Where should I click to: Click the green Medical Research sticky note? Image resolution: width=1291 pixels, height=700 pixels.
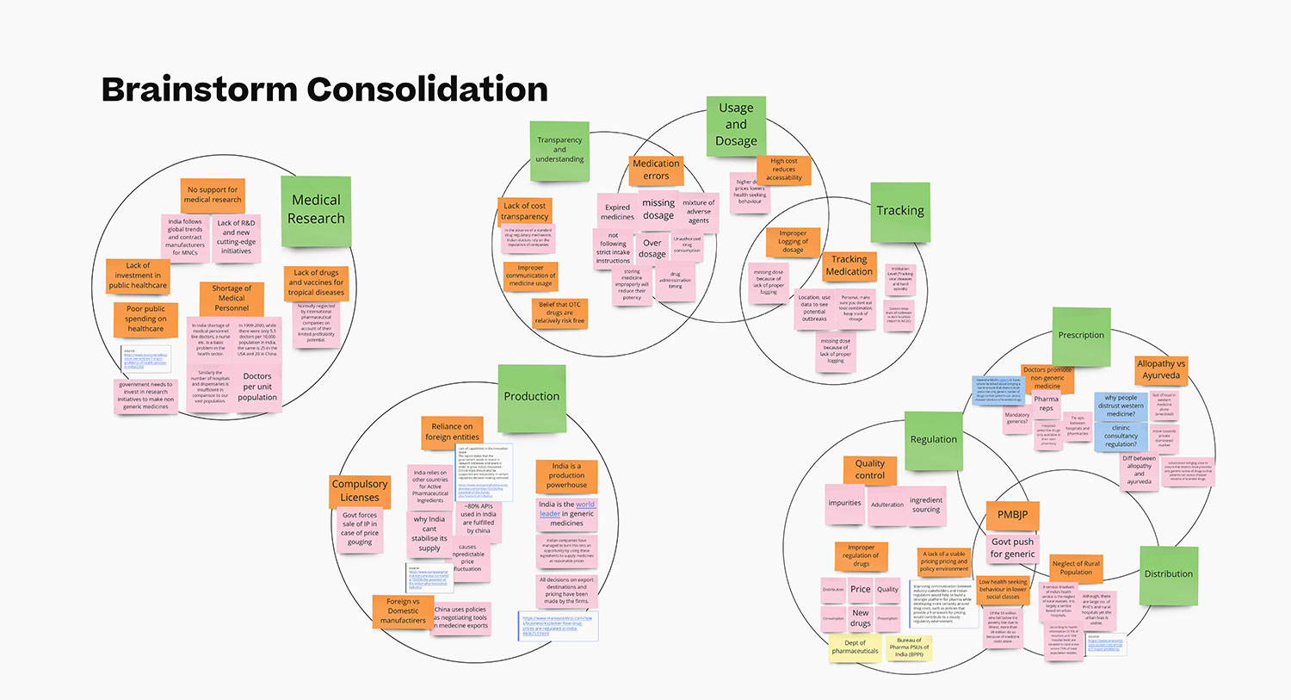click(316, 209)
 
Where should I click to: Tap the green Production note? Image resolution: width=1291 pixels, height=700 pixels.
click(532, 397)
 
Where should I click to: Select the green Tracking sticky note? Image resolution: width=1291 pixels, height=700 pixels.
click(900, 211)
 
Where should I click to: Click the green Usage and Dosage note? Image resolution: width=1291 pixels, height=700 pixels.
click(736, 125)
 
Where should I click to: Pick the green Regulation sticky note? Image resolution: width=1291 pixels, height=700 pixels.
click(934, 440)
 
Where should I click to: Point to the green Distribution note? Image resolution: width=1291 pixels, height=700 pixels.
click(1168, 574)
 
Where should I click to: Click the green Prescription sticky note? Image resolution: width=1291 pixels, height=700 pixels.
click(1081, 335)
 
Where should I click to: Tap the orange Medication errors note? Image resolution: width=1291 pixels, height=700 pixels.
click(656, 170)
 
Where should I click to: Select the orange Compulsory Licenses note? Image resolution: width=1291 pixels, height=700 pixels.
click(360, 491)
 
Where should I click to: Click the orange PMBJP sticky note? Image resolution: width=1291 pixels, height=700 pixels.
click(1012, 515)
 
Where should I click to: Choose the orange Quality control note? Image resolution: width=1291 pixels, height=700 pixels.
click(869, 469)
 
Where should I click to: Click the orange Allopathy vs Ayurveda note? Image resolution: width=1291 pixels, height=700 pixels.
click(1160, 370)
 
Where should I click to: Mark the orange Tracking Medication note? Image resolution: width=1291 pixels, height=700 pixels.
click(849, 265)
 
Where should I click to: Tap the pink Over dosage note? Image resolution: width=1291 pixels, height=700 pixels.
click(652, 249)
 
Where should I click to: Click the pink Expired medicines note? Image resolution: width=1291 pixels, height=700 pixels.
click(617, 212)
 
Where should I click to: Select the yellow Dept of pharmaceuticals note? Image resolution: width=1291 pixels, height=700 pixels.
click(855, 647)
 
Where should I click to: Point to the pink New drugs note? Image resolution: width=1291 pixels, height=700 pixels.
click(861, 618)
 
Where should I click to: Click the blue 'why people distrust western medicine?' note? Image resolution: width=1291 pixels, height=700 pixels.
click(1121, 406)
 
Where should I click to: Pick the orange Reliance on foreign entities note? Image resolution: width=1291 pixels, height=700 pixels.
click(452, 431)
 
